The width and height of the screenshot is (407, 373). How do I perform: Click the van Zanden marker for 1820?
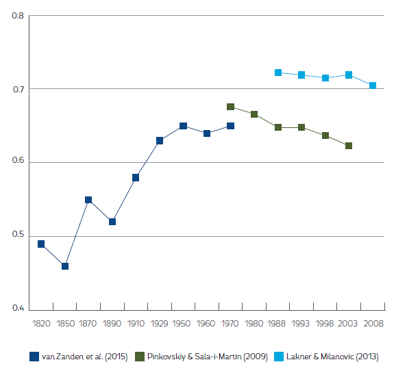[x=41, y=244]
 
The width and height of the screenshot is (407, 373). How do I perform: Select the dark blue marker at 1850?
[x=65, y=266]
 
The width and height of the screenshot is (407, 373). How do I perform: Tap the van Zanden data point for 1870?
[x=88, y=200]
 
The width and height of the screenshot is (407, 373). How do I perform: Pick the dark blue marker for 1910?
[x=136, y=178]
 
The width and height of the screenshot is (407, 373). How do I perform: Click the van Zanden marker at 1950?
[x=183, y=126]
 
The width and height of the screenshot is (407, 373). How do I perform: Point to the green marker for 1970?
[x=231, y=107]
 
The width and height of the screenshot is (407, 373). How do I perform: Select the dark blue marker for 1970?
[x=231, y=126]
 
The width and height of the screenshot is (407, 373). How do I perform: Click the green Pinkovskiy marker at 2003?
[x=349, y=146]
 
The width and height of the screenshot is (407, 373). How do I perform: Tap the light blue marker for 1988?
[x=278, y=73]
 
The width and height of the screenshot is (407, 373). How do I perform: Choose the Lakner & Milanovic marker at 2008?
[x=373, y=86]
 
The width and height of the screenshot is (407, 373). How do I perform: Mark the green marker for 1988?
[x=278, y=127]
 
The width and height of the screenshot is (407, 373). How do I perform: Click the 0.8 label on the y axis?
[x=18, y=15]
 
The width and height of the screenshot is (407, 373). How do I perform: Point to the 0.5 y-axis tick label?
[x=18, y=236]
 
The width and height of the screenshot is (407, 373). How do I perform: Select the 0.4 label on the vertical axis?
[x=18, y=309]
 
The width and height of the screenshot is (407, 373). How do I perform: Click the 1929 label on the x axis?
[x=159, y=322]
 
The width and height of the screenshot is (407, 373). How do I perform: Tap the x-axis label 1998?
[x=325, y=322]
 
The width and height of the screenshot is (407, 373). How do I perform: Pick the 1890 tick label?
[x=112, y=322]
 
